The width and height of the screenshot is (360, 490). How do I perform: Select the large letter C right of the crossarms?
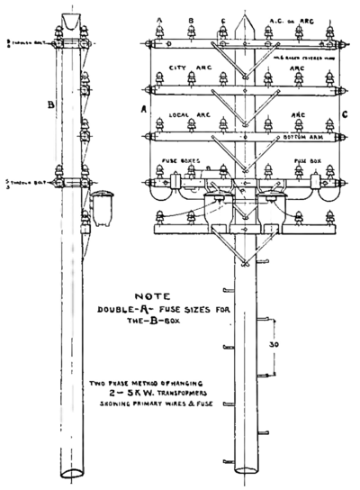(345, 113)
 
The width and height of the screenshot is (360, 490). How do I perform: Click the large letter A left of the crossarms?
(143, 109)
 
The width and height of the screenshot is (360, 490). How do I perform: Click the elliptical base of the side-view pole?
(72, 471)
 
